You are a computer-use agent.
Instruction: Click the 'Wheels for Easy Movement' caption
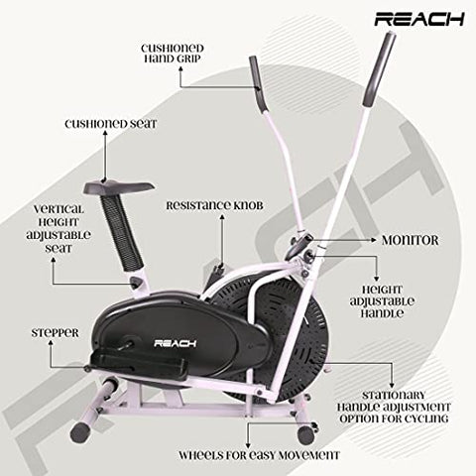258,455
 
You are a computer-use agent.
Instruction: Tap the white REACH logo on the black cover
177,342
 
